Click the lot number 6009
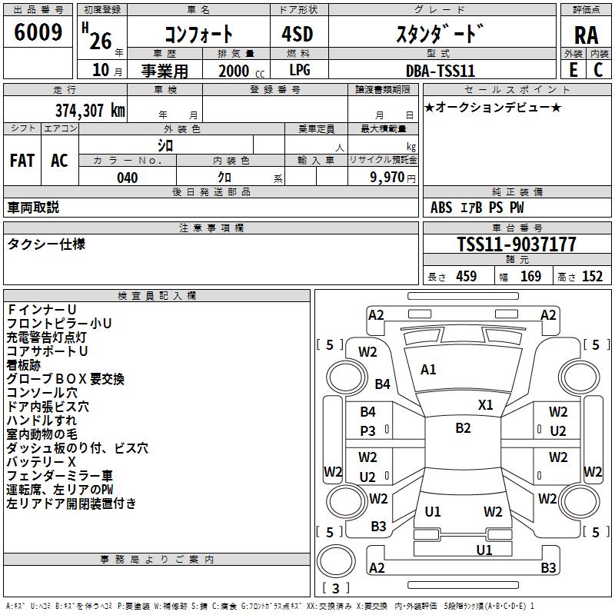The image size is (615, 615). point(38,32)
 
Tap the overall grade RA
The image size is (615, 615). point(586,35)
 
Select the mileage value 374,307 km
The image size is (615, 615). point(90,110)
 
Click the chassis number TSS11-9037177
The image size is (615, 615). point(516,244)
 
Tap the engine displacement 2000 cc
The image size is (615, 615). point(234,71)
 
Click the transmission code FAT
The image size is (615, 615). point(22,161)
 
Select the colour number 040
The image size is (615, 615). point(128,178)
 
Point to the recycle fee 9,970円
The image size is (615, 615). point(392,178)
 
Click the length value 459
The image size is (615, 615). point(466,277)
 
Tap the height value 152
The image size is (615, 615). point(592,277)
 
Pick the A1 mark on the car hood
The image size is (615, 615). point(428,370)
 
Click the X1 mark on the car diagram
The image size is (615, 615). point(486,405)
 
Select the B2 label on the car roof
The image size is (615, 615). point(463,428)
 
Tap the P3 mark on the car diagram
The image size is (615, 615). point(368,431)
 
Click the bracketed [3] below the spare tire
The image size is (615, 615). point(335,589)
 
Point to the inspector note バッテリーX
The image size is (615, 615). point(42,461)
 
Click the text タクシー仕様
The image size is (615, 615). point(46,244)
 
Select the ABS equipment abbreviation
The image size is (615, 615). point(441,208)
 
